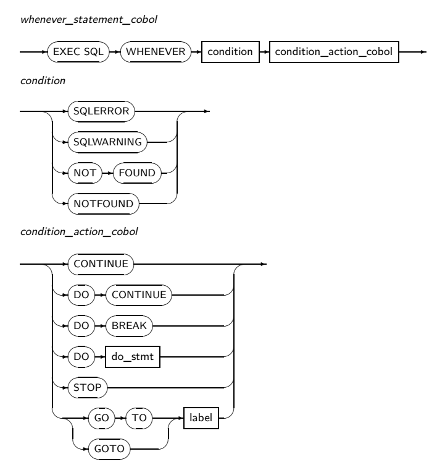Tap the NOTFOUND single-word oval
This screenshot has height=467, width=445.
[x=102, y=200]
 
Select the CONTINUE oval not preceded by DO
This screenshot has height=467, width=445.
[x=101, y=263]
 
